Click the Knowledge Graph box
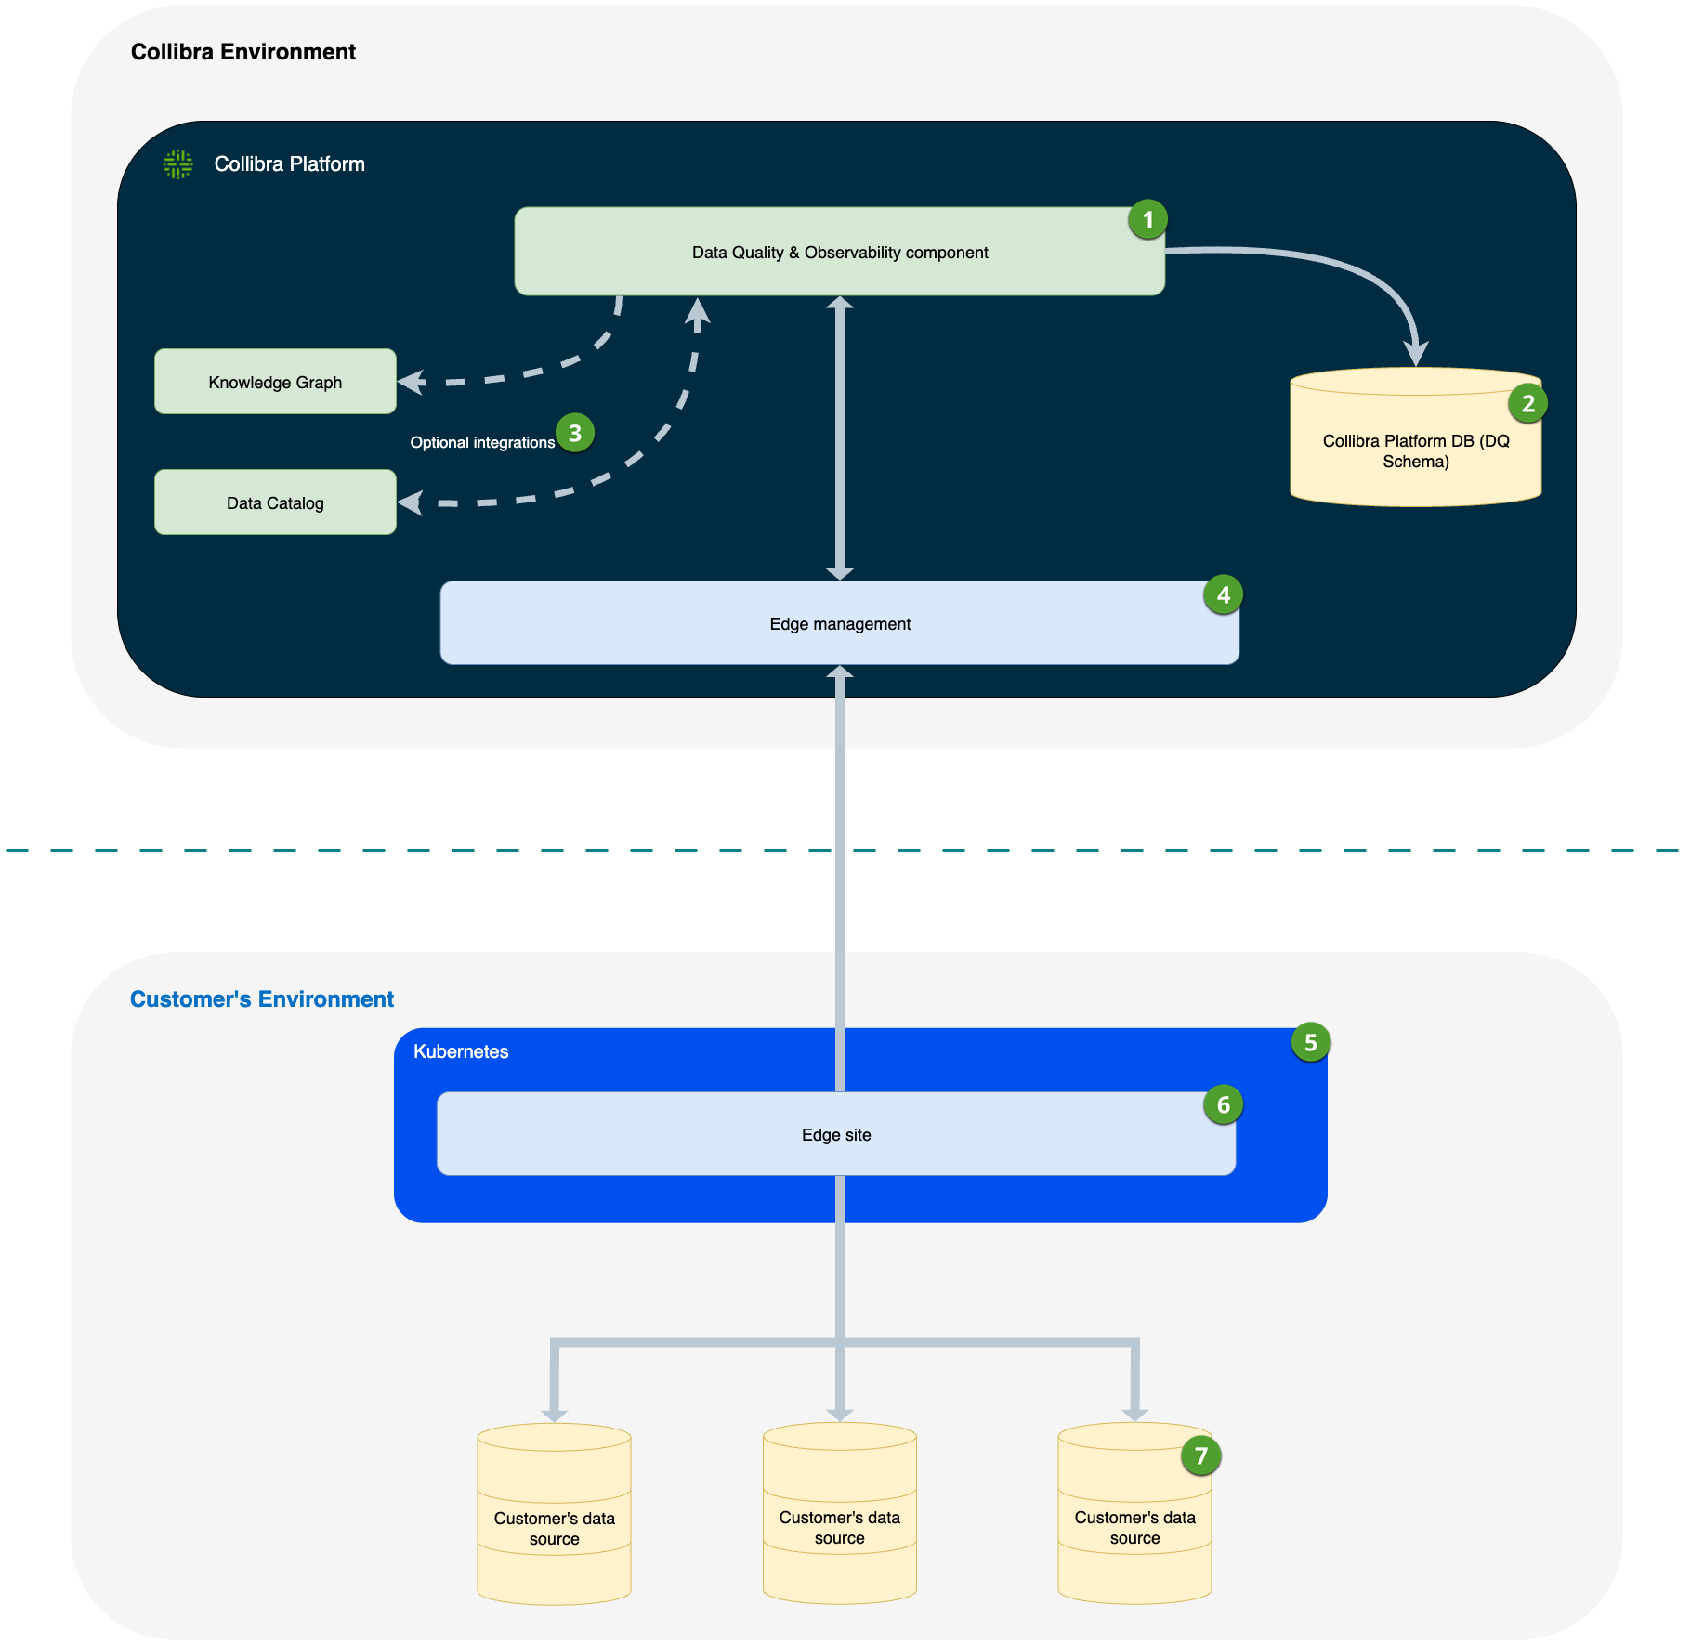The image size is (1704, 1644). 275,382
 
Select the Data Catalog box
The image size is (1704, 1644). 275,502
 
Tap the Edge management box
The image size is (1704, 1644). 839,623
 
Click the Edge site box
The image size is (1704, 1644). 836,1134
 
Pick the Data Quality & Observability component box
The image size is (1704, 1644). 839,252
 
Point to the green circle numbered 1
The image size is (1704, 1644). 1147,220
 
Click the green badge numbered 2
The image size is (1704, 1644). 1527,404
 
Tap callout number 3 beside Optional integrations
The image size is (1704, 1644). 575,433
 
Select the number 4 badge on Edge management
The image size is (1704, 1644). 1223,595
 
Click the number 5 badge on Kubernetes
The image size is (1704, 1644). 1310,1043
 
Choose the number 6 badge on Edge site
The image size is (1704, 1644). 1223,1105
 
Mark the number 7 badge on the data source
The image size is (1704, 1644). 1200,1455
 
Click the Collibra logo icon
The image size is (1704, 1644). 177,164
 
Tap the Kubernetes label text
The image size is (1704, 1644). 461,1051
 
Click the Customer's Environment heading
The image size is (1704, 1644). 262,999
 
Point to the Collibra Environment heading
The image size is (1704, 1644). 243,52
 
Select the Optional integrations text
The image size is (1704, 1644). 482,443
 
